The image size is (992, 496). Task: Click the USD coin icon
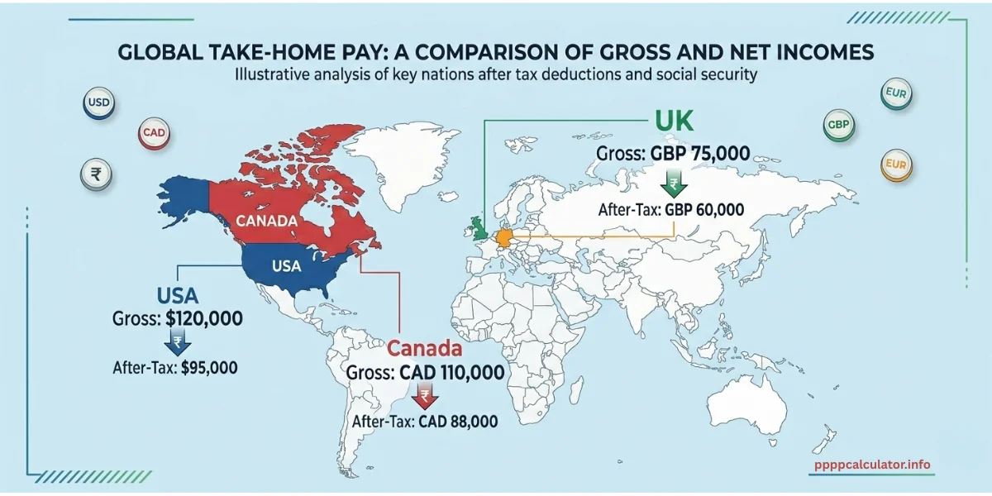point(98,104)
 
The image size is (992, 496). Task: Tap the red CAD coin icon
point(151,132)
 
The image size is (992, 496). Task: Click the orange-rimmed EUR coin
point(896,163)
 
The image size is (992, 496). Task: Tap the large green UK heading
point(675,121)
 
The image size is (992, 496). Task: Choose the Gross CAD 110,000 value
point(451,373)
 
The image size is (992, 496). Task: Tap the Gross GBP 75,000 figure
point(702,155)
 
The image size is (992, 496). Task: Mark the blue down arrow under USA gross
point(178,342)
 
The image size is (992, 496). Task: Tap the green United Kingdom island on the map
point(479,228)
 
